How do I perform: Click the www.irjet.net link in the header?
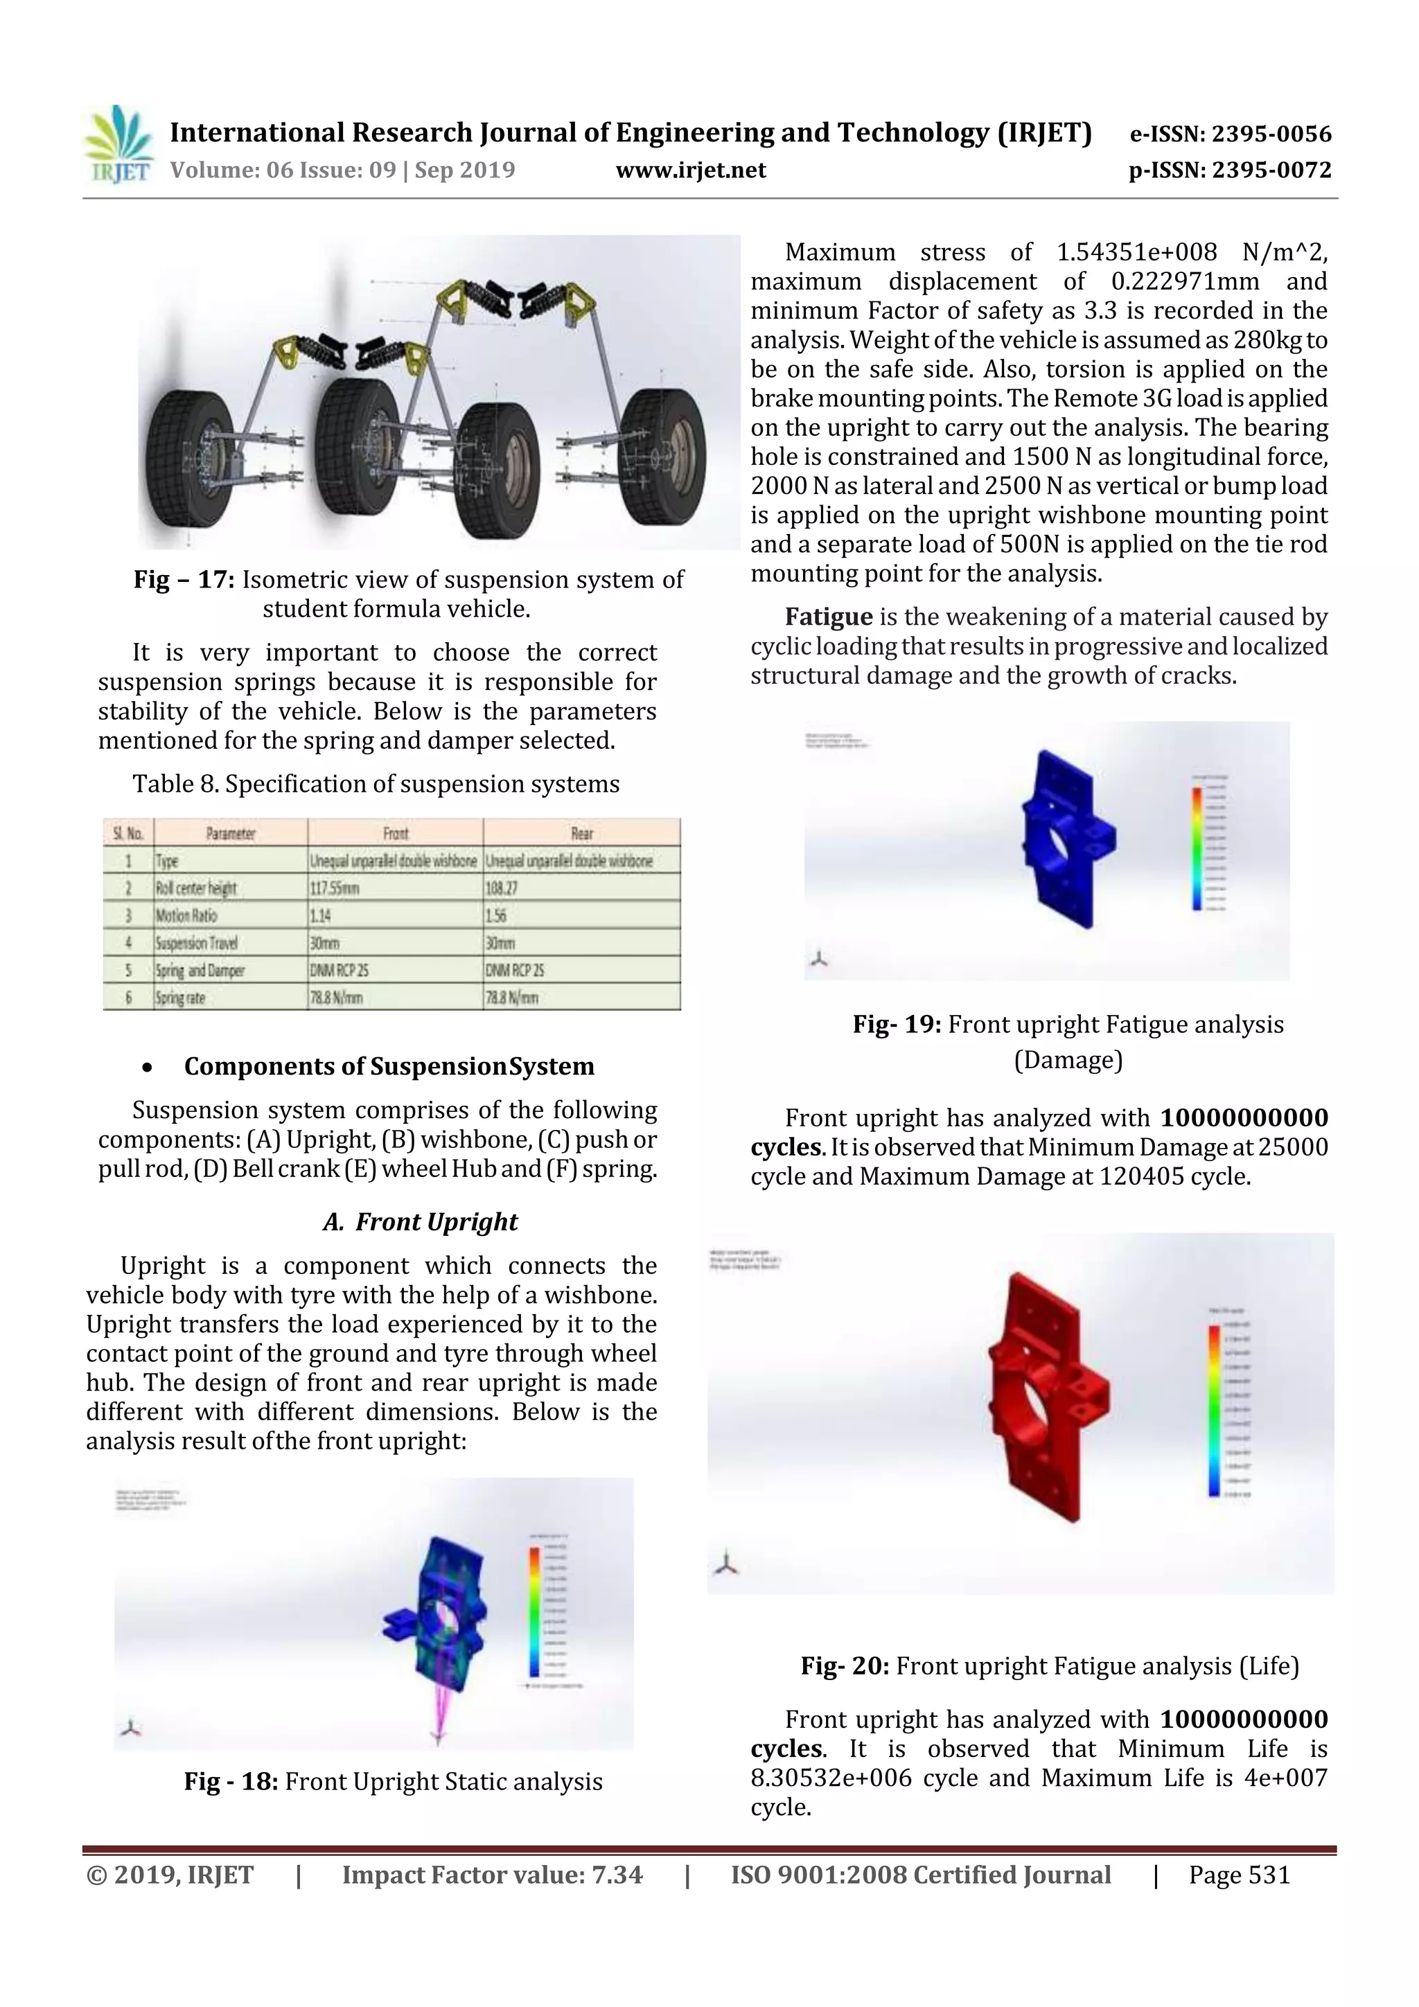[x=691, y=170]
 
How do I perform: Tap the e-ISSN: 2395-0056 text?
[x=1229, y=134]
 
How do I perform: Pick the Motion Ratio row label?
[x=186, y=915]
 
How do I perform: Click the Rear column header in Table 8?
[x=581, y=833]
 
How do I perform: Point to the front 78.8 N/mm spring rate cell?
[x=336, y=998]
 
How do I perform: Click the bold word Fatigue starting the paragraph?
[x=828, y=617]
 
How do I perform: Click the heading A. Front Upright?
[x=420, y=1221]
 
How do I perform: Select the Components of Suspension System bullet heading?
[x=389, y=1066]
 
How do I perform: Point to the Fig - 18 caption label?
[x=231, y=1781]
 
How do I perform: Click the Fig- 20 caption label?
[x=845, y=1666]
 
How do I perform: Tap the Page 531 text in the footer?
[x=1238, y=1874]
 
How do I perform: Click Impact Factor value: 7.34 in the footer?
[x=491, y=1874]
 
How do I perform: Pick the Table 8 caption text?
[x=376, y=784]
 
